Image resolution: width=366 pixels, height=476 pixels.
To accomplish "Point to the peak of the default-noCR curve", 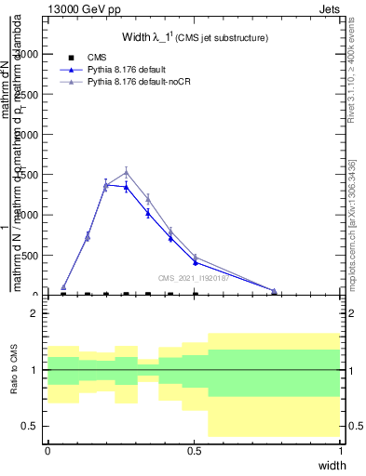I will [x=126, y=172].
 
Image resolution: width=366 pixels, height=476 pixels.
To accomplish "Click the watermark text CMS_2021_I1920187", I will [x=193, y=277].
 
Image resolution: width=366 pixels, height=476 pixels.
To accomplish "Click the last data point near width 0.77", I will [x=274, y=291].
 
